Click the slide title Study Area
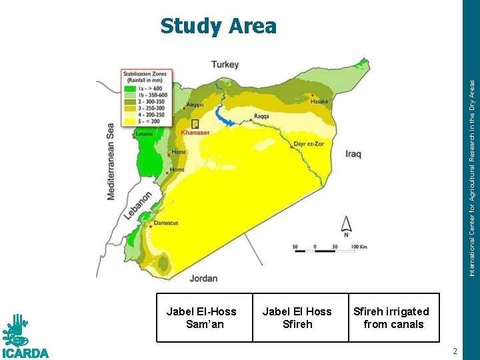pos(218,26)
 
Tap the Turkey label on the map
pos(225,65)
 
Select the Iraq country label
pos(353,154)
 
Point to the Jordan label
pos(203,277)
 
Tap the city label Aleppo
pos(195,105)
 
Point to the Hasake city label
pos(320,101)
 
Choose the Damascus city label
pos(166,223)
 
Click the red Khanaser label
pos(195,133)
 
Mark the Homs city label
pos(176,169)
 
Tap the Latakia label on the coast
pos(145,134)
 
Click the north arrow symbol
pos(346,225)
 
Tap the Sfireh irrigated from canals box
pos(393,318)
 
